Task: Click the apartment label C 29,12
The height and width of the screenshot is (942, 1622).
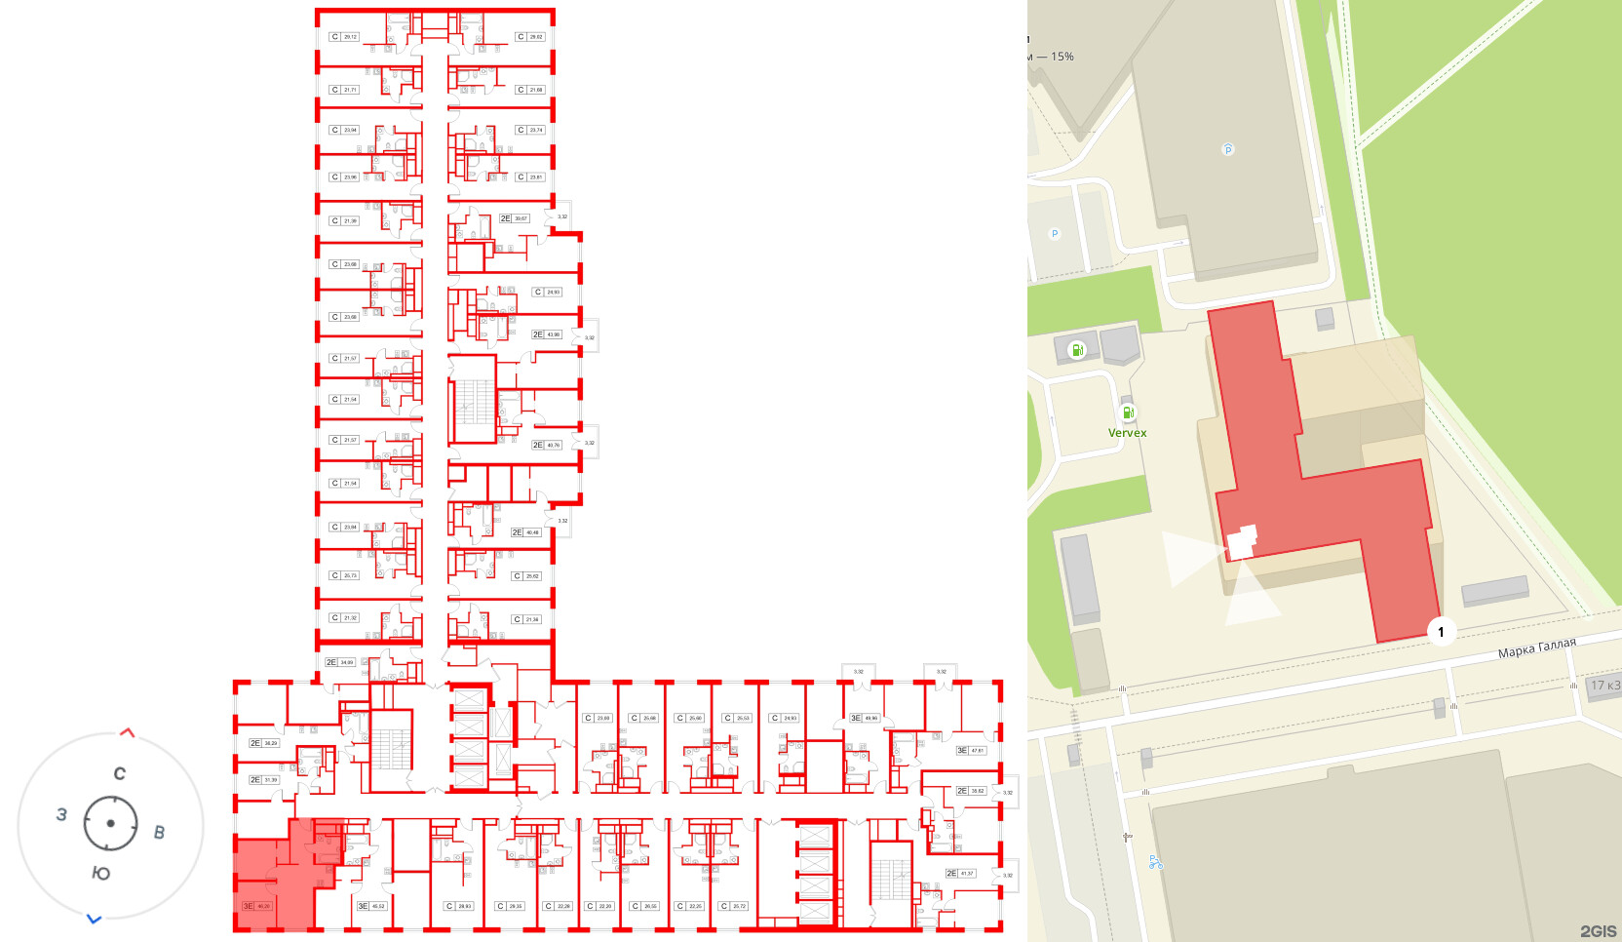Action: click(x=345, y=37)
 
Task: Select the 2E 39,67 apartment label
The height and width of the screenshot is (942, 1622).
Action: click(x=514, y=218)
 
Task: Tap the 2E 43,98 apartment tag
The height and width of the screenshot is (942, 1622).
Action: click(x=547, y=334)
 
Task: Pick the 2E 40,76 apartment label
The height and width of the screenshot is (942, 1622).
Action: click(x=547, y=445)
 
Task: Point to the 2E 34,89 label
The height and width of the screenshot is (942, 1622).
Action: click(x=340, y=662)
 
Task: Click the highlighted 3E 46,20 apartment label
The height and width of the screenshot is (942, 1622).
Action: click(x=257, y=906)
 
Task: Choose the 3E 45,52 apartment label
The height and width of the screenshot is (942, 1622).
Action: click(x=371, y=906)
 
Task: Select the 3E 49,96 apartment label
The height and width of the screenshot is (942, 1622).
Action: click(x=865, y=718)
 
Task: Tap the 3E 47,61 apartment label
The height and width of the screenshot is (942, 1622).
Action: click(x=971, y=750)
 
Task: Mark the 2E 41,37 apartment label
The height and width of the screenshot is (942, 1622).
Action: click(x=960, y=873)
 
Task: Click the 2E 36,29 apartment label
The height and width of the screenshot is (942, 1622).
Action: click(x=263, y=743)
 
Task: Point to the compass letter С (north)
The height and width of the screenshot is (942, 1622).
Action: click(x=119, y=773)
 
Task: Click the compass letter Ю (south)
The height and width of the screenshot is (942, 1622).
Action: click(x=100, y=873)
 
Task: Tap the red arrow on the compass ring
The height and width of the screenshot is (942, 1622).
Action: click(x=127, y=732)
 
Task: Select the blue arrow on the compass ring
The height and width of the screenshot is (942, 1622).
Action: click(x=95, y=919)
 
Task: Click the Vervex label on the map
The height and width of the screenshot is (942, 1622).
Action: click(x=1127, y=433)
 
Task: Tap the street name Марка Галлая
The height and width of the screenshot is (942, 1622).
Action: click(x=1536, y=648)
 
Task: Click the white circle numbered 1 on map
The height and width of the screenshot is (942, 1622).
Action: click(x=1441, y=632)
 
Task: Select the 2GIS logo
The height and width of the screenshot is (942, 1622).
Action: click(x=1598, y=931)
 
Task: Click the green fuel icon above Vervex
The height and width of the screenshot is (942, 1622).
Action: click(x=1128, y=412)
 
